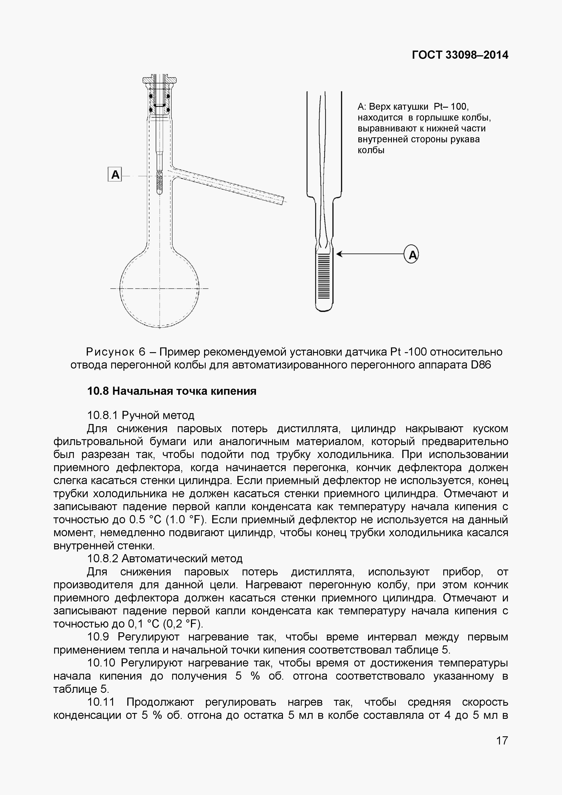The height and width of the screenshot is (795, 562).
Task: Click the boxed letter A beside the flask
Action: click(x=115, y=175)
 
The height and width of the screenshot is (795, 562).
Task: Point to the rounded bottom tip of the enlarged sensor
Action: click(x=324, y=308)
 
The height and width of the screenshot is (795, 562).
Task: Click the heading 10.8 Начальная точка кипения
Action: click(x=172, y=391)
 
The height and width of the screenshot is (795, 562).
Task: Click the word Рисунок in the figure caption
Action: click(x=110, y=352)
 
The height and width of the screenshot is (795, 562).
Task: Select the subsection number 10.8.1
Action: click(x=102, y=415)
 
